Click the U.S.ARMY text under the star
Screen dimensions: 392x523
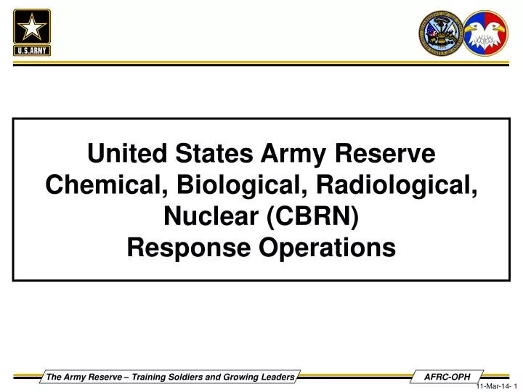point(32,49)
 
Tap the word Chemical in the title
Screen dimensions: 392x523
point(104,185)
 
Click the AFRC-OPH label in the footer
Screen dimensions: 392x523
point(447,375)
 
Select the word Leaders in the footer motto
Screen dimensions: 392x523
point(276,375)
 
